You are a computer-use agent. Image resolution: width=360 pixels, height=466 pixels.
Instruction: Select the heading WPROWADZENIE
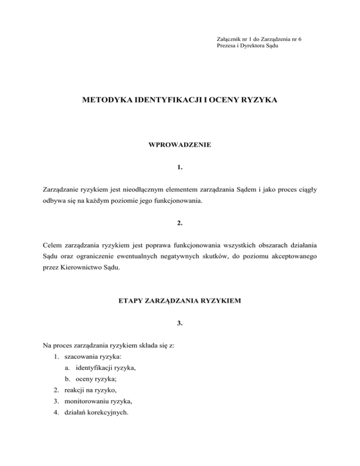coord(180,145)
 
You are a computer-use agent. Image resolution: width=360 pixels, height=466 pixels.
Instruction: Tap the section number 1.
coord(180,166)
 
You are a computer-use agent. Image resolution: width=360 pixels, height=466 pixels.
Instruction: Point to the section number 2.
coord(180,224)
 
